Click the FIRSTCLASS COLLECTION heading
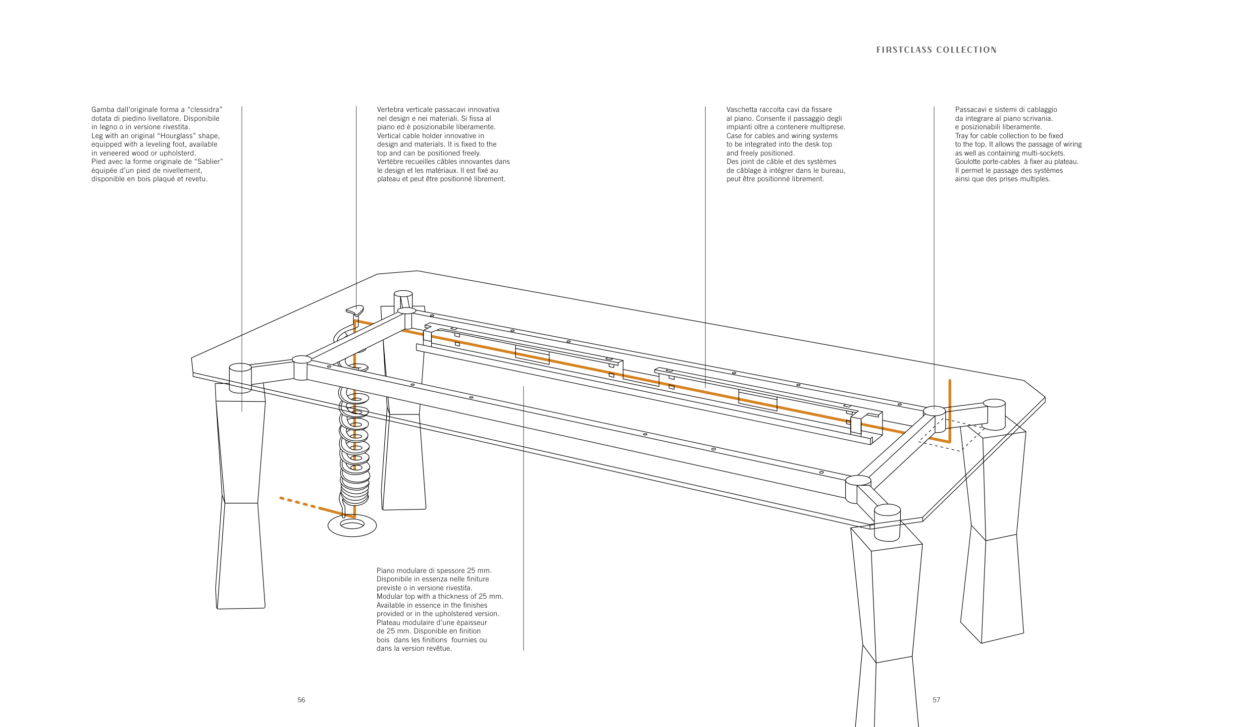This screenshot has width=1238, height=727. (x=936, y=50)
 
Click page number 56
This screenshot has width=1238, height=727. (x=301, y=700)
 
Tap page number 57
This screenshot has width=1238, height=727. (x=936, y=700)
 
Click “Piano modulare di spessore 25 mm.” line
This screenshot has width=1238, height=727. (x=434, y=571)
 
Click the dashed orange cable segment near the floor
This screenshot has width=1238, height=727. (x=298, y=502)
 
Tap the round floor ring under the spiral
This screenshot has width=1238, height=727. (x=352, y=526)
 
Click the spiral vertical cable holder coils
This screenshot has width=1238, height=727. (x=355, y=446)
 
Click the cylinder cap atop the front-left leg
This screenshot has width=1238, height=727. (x=240, y=378)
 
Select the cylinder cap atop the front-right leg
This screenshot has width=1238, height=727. (x=887, y=523)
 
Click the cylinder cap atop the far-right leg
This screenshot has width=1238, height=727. (x=994, y=414)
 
